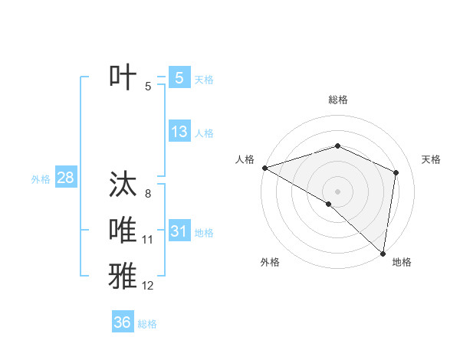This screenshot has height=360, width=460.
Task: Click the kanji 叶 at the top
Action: click(123, 77)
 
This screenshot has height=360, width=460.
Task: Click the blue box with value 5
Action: click(179, 77)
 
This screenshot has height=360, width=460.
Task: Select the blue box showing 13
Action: click(179, 131)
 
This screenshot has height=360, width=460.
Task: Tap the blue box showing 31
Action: click(179, 231)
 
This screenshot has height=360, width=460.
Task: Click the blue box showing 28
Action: click(65, 178)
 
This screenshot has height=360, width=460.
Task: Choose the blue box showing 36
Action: click(123, 322)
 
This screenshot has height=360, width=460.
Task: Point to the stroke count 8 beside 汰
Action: click(148, 194)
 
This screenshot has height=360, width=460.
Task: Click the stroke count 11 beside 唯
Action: click(148, 240)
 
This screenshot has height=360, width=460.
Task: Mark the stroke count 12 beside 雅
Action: click(148, 286)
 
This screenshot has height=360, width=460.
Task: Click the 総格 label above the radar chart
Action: click(338, 100)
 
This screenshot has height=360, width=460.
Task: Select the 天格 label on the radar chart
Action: click(431, 159)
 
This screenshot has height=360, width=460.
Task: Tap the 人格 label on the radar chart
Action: click(245, 159)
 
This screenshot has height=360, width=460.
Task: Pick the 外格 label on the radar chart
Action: click(270, 262)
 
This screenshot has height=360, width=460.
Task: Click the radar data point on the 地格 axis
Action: click(383, 253)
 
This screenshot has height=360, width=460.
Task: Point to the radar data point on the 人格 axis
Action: click(264, 167)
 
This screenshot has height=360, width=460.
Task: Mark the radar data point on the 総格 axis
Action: click(337, 146)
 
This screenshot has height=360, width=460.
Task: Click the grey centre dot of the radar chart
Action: click(337, 191)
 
